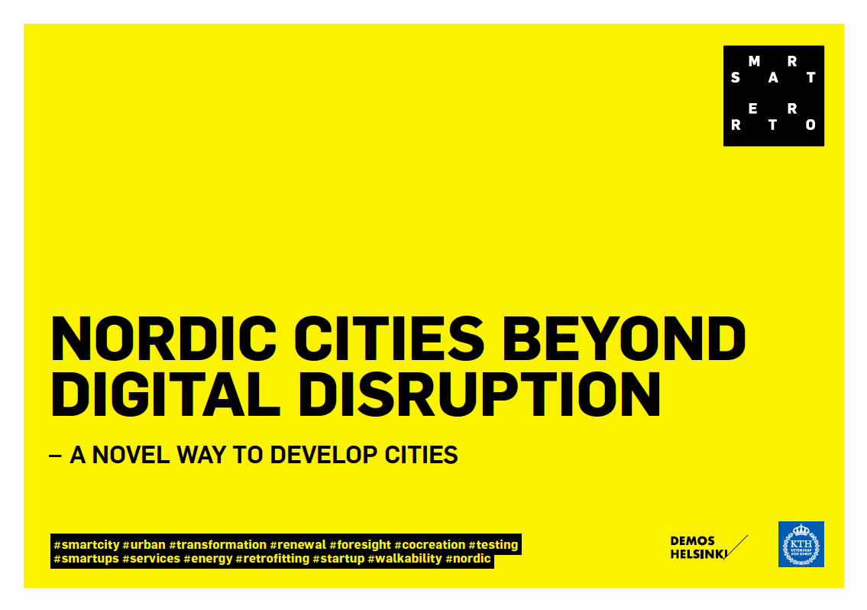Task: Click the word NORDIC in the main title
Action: [x=163, y=338]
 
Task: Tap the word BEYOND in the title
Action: [x=624, y=338]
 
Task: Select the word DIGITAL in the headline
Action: [x=165, y=394]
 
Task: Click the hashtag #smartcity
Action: [x=86, y=545]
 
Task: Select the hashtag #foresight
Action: [x=360, y=545]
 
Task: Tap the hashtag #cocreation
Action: [x=429, y=545]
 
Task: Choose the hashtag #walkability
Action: [x=405, y=559]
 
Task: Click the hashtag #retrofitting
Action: [x=273, y=559]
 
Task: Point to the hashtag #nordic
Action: [x=468, y=559]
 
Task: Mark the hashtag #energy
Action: [x=208, y=559]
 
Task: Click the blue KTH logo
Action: [x=801, y=544]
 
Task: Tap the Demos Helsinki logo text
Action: [x=698, y=547]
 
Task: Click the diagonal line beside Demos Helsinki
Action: [x=736, y=547]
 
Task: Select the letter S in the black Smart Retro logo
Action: [x=736, y=77]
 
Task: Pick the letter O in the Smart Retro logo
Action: [x=810, y=125]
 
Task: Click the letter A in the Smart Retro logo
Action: [x=773, y=77]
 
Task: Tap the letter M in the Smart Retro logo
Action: [x=754, y=61]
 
